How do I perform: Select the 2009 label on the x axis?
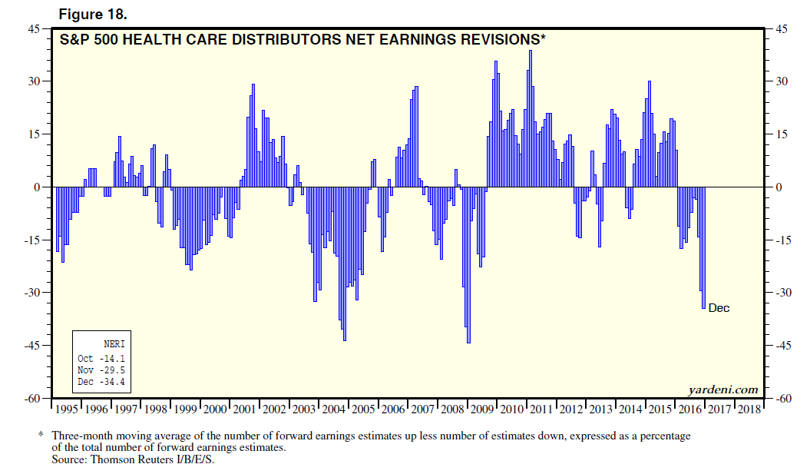point(481,409)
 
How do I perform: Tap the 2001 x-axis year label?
point(246,409)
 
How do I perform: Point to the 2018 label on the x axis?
point(748,409)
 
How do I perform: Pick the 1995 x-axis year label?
point(68,409)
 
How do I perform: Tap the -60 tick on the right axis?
point(783,399)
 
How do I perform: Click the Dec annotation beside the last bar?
point(719,308)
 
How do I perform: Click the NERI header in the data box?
point(114,344)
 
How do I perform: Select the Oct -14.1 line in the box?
point(101,359)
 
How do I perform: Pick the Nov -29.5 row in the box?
point(101,370)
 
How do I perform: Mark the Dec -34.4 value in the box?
point(101,382)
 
